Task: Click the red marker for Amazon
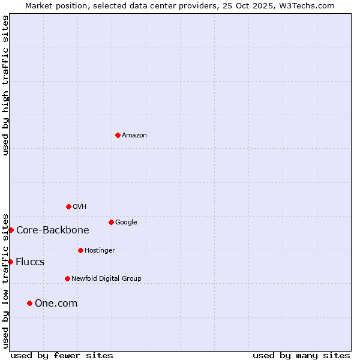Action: (118, 135)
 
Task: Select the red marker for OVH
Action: (68, 206)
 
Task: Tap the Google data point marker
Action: (111, 222)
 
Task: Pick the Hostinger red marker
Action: (80, 250)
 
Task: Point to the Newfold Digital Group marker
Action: (67, 278)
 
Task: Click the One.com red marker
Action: (29, 303)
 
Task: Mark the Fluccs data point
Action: (11, 262)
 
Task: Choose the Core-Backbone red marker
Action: (11, 230)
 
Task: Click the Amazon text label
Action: (134, 136)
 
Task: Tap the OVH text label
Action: (80, 207)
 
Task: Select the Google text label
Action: (126, 223)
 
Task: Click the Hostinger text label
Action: (100, 251)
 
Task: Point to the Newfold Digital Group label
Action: (106, 279)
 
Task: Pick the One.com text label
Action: (56, 304)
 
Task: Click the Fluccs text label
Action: (30, 262)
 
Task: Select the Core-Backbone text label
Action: (52, 230)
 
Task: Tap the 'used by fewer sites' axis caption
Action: (62, 355)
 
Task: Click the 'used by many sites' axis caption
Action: (301, 355)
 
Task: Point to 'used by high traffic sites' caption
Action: (6, 85)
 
